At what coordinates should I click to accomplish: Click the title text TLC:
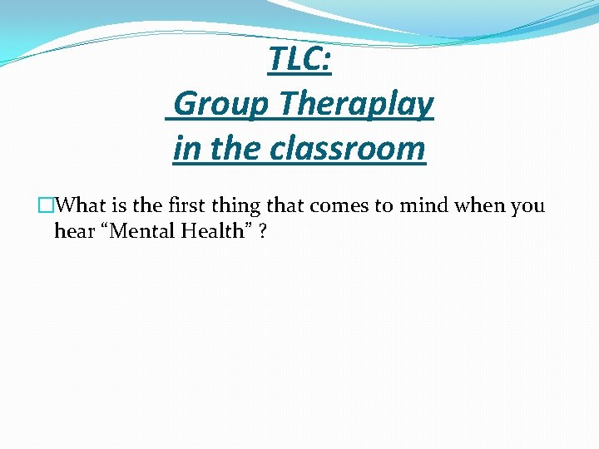tap(299, 60)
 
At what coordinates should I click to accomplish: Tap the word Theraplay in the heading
tap(356, 105)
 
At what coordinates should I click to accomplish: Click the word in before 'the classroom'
tap(186, 149)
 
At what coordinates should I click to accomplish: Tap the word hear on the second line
tap(73, 231)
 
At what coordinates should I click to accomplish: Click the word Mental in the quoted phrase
tap(136, 231)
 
